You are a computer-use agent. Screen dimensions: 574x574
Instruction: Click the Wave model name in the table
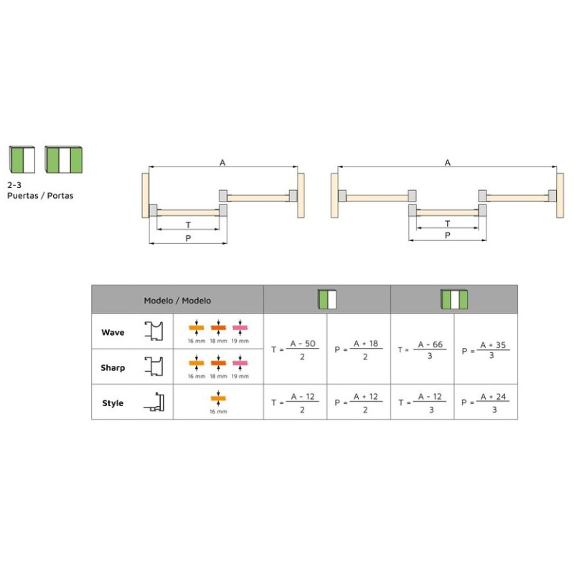[x=113, y=332]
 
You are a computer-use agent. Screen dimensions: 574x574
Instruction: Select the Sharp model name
[x=113, y=367]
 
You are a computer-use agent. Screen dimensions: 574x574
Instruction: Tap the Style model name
[x=113, y=403]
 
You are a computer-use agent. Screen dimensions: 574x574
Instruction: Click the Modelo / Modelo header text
[x=177, y=301]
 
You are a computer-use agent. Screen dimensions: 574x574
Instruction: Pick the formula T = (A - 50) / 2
[x=295, y=350]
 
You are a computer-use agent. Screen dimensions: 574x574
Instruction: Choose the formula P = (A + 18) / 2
[x=358, y=350]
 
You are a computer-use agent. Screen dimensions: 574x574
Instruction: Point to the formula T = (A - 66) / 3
[x=422, y=350]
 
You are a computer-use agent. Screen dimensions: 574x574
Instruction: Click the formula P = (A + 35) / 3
[x=486, y=350]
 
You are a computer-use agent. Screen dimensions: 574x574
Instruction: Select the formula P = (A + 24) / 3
[x=486, y=403]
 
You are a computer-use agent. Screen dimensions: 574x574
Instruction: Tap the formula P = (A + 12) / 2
[x=358, y=403]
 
